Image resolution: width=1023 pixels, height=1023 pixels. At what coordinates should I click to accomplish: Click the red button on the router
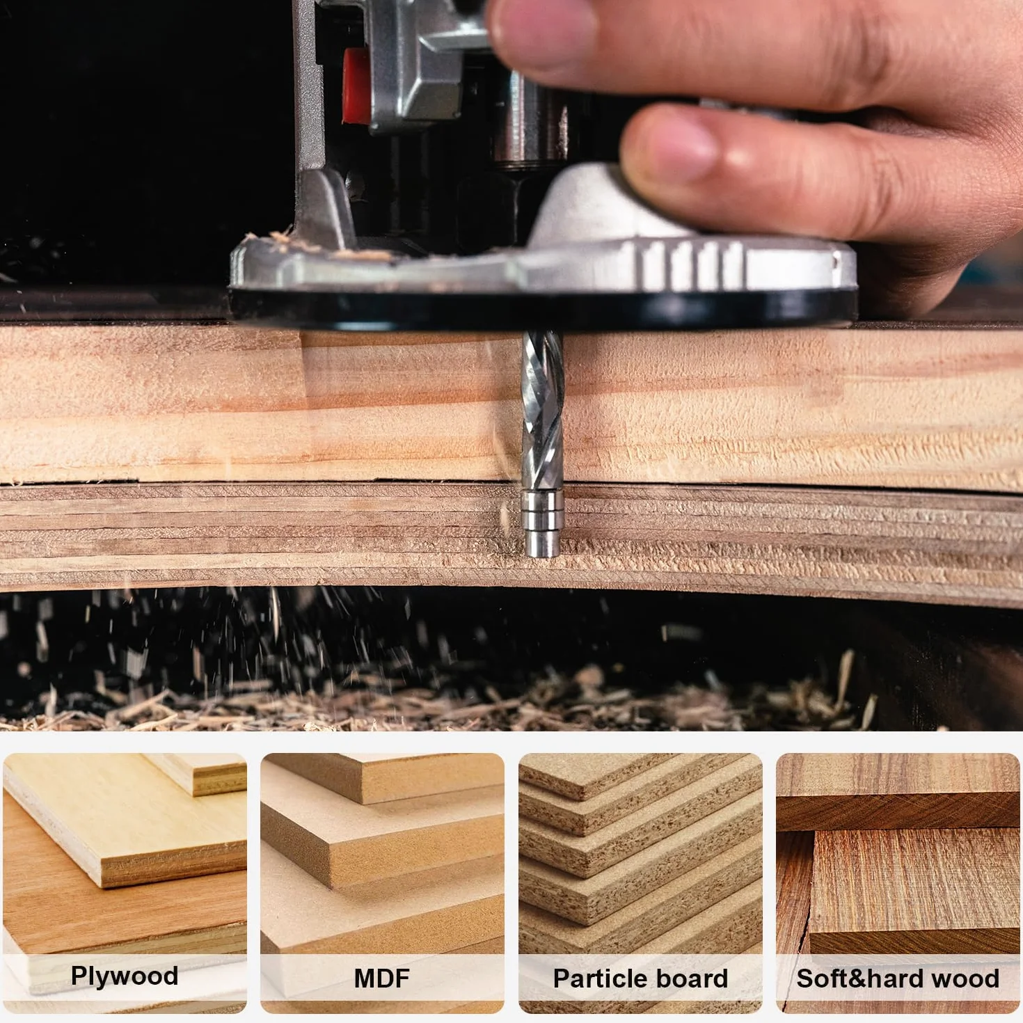356,86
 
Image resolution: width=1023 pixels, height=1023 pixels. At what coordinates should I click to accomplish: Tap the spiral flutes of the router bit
542,409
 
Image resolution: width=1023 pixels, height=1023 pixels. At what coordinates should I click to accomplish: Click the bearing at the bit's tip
541,523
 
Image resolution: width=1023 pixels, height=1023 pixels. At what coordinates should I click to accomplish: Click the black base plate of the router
541,310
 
